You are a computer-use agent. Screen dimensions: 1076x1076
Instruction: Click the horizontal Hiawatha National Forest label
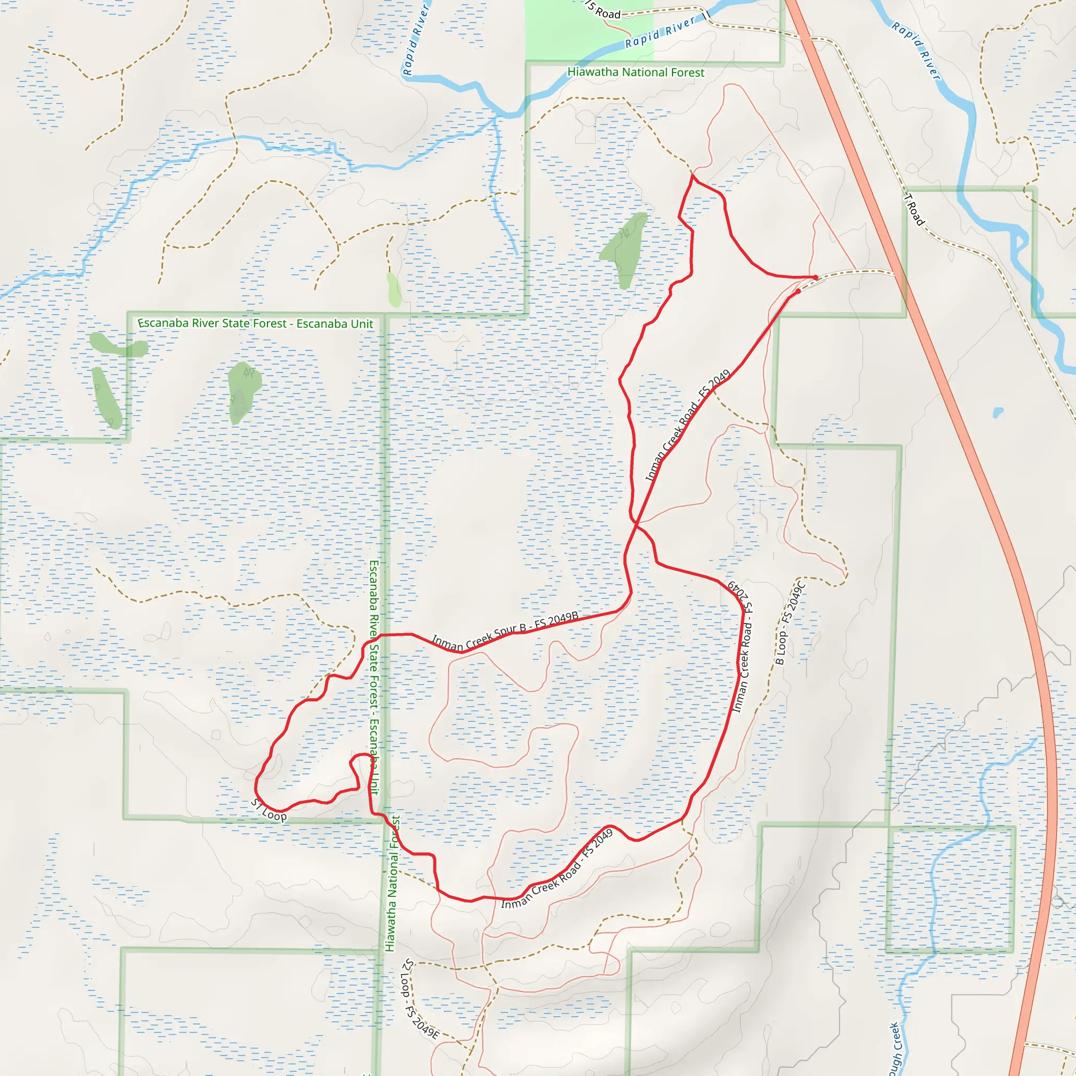click(636, 73)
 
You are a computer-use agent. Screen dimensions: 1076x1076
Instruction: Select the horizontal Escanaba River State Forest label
click(255, 324)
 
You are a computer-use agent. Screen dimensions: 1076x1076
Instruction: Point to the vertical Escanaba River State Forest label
click(374, 677)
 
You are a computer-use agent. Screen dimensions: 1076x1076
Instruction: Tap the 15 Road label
click(604, 11)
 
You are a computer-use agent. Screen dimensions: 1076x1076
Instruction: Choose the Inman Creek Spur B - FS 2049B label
click(504, 632)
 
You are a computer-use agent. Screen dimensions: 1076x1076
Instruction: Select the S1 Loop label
click(268, 810)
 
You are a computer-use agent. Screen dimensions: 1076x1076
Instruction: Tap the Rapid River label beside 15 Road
click(660, 32)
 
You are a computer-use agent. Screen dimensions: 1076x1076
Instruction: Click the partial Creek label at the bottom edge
click(895, 1050)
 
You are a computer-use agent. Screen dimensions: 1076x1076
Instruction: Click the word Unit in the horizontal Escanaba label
click(361, 324)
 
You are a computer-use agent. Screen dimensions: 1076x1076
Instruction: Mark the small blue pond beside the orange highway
click(998, 412)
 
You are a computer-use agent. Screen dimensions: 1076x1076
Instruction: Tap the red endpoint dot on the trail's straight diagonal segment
click(798, 291)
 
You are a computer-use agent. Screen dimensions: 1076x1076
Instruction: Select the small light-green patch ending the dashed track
click(394, 289)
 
